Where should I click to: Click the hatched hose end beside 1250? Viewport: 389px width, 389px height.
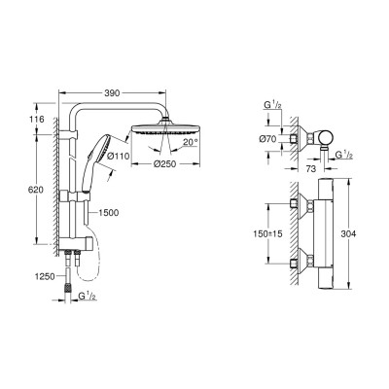coord(67,288)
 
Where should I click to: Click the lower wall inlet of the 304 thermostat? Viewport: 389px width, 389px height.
coord(303,260)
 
